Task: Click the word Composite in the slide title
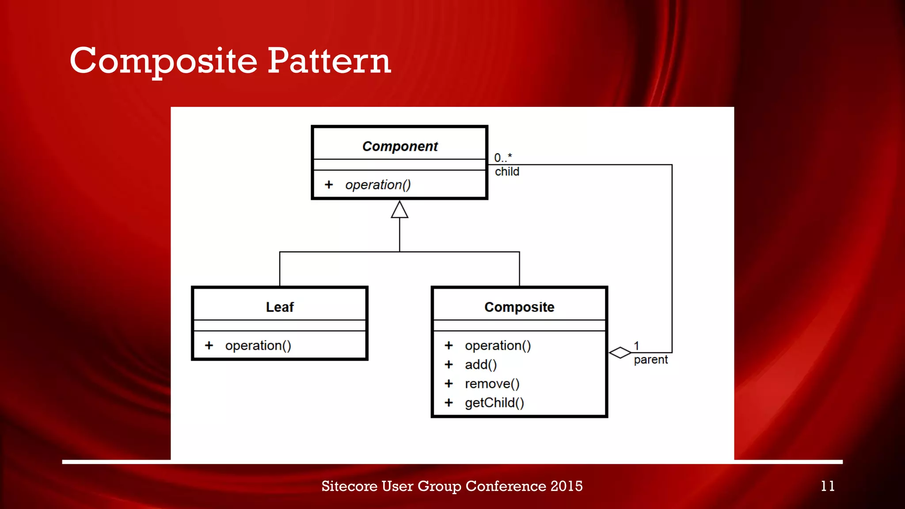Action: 164,61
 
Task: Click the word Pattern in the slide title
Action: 329,61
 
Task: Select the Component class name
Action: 400,146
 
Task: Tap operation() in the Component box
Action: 378,185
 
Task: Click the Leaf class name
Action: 280,307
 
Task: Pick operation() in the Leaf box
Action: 258,346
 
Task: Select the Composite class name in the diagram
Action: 519,307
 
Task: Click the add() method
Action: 481,365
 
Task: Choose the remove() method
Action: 492,384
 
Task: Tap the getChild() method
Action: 494,403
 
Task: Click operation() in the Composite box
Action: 498,346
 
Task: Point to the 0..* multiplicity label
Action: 503,158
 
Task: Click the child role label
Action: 507,172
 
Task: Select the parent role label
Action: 650,360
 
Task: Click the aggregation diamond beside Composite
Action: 620,353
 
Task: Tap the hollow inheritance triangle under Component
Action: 399,211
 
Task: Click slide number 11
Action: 828,486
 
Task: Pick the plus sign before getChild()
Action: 449,403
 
